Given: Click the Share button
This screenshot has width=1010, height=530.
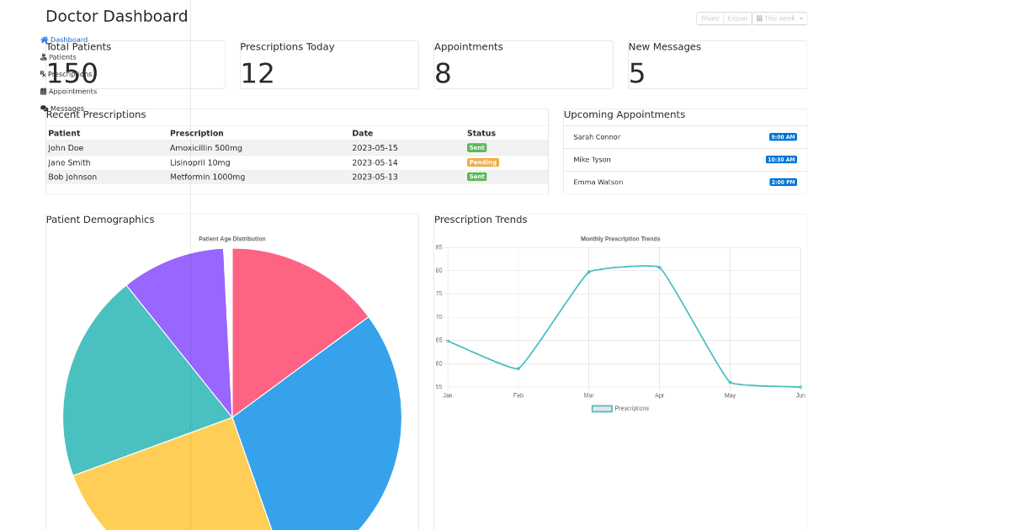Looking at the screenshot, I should [710, 19].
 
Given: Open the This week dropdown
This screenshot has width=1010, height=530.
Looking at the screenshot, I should [779, 19].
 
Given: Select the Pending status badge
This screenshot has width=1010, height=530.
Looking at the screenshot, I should [483, 162].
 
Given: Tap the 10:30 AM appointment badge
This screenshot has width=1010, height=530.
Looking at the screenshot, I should [781, 160].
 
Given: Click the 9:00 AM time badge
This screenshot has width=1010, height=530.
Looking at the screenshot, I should [783, 137].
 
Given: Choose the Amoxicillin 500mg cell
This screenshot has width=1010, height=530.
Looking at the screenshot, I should [205, 148].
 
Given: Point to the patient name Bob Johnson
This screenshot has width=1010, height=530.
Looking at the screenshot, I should [72, 178].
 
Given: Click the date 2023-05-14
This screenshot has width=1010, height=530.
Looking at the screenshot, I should [375, 163].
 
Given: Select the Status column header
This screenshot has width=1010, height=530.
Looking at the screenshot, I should [481, 134].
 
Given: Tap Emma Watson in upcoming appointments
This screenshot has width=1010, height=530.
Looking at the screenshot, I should [598, 183].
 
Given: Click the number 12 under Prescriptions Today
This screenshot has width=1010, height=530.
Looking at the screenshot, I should [258, 74].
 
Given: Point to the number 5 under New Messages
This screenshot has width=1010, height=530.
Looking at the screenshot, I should [637, 74].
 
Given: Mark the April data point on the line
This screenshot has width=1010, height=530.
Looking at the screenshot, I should [659, 268].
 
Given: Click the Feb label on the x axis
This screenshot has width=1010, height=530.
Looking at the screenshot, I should [518, 395].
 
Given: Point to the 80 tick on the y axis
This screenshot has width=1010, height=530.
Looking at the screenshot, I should [439, 271].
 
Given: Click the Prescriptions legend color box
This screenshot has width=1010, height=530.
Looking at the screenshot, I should [602, 409].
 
